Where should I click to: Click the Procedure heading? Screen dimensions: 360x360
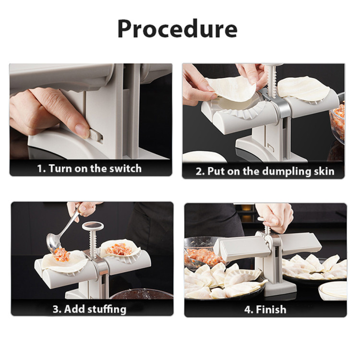coord(177,29)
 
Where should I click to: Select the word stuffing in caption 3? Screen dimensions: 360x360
coord(107,309)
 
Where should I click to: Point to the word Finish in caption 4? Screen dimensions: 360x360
coord(271,310)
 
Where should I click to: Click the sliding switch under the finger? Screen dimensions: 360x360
coord(95,135)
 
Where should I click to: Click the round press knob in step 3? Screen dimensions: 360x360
coord(93,227)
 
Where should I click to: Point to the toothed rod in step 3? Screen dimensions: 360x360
coord(93,243)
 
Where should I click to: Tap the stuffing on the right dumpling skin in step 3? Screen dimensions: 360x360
coord(119,249)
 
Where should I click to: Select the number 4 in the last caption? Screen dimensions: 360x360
coord(249,310)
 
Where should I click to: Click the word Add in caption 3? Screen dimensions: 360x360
coord(74,309)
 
